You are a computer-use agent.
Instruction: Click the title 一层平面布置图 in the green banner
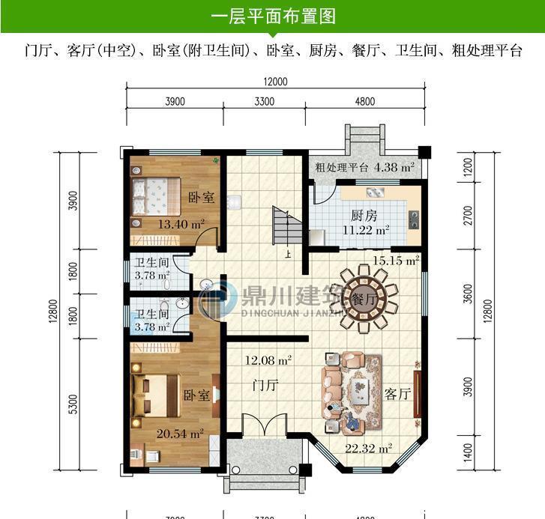pyautogui.click(x=272, y=16)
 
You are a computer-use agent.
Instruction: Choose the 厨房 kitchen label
pyautogui.click(x=363, y=213)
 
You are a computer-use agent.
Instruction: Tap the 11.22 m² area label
pyautogui.click(x=365, y=230)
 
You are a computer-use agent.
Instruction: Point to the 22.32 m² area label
pyautogui.click(x=368, y=449)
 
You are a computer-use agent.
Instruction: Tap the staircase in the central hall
pyautogui.click(x=283, y=225)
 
